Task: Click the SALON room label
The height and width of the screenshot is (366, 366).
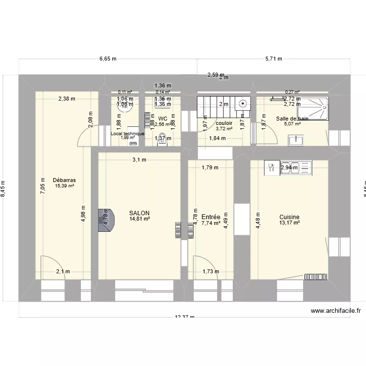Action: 140,213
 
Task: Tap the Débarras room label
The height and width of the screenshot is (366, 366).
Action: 64,180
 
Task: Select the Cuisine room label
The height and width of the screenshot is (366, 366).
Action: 289,217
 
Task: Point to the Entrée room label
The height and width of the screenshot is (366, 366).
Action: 210,217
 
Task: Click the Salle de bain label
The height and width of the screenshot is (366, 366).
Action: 292,119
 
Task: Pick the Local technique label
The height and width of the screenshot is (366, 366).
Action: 127,133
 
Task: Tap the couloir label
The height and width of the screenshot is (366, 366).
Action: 224,123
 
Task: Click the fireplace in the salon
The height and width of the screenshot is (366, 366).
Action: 106,220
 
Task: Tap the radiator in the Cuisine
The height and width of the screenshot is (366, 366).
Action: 316,276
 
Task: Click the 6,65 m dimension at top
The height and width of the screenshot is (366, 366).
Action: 108,59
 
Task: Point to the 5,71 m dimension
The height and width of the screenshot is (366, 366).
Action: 274,59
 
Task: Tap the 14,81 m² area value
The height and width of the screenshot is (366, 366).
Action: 140,219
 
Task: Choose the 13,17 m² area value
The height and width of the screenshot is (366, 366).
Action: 289,223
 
